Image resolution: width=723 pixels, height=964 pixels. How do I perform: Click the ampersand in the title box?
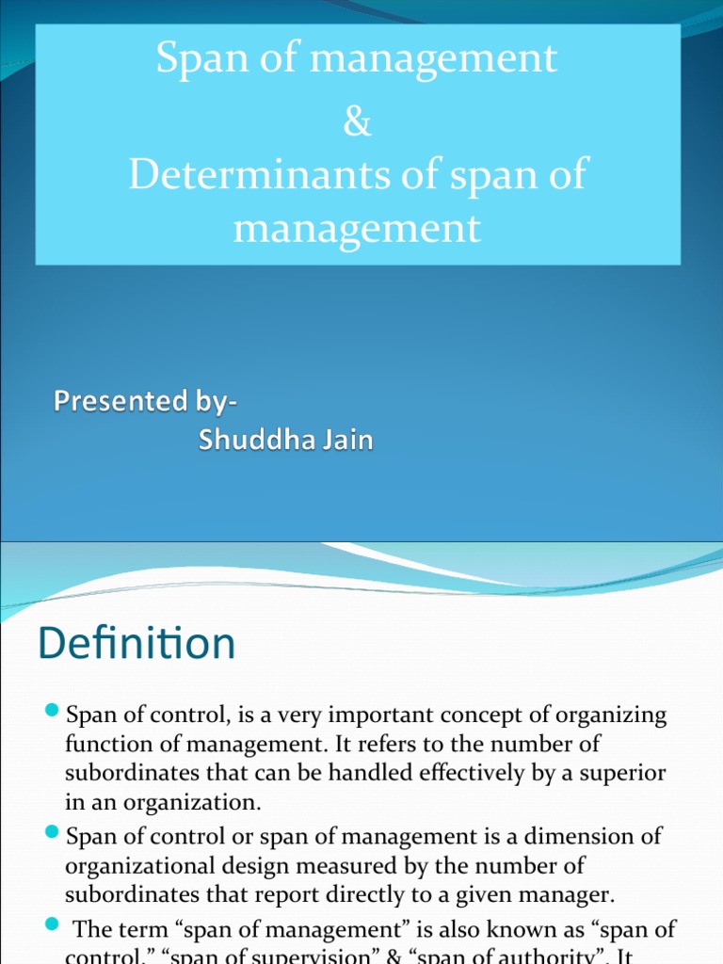coord(358,125)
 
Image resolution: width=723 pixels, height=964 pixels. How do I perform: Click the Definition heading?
coord(137,645)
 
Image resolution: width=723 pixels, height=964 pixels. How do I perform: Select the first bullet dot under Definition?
coord(52,709)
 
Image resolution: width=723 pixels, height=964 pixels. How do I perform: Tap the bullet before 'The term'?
coord(52,927)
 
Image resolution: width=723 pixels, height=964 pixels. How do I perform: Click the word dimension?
coord(533,835)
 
